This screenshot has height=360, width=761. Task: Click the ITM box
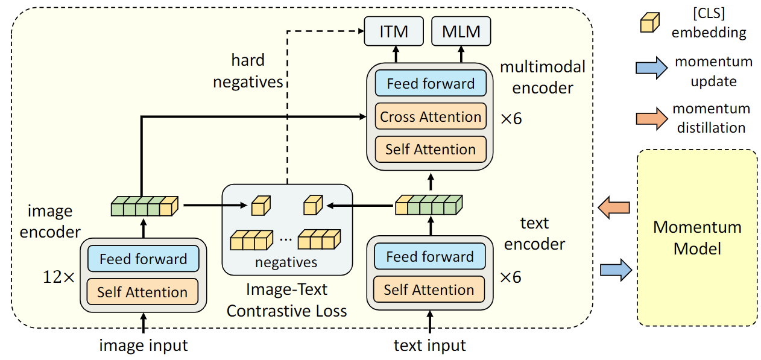pyautogui.click(x=393, y=32)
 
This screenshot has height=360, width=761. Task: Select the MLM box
pyautogui.click(x=461, y=32)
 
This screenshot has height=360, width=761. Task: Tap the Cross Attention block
pyautogui.click(x=431, y=117)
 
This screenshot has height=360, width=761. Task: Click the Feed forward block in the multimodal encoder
pyautogui.click(x=431, y=84)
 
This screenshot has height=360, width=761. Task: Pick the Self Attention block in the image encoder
pyautogui.click(x=142, y=292)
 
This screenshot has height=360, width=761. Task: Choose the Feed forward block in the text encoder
pyautogui.click(x=430, y=257)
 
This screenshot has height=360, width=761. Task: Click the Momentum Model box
pyautogui.click(x=698, y=238)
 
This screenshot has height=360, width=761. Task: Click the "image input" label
pyautogui.click(x=144, y=346)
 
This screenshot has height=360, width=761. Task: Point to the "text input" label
pyautogui.click(x=430, y=346)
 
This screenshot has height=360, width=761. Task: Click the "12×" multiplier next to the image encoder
pyautogui.click(x=58, y=277)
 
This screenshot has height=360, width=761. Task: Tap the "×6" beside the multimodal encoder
pyautogui.click(x=511, y=118)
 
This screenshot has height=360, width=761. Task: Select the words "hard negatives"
pyautogui.click(x=248, y=71)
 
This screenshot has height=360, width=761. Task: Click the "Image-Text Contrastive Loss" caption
pyautogui.click(x=287, y=300)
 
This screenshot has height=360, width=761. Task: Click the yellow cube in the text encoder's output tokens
pyautogui.click(x=402, y=206)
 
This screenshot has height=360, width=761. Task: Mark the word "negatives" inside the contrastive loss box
pyautogui.click(x=286, y=262)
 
